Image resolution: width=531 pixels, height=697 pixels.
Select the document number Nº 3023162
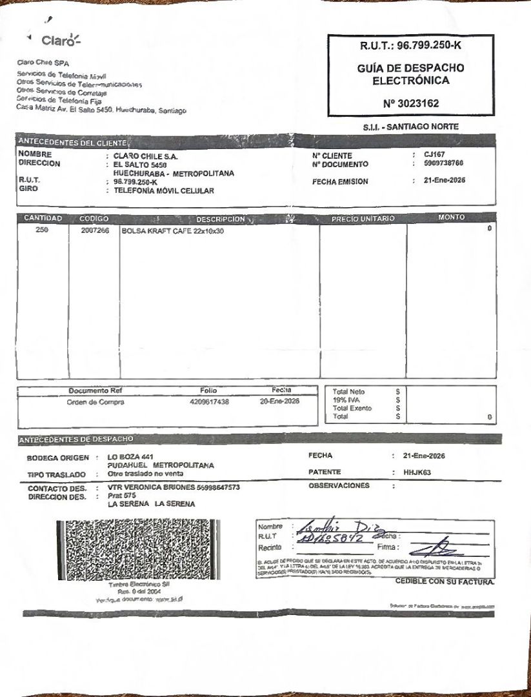410,103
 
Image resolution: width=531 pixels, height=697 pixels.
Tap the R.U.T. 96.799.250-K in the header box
411,45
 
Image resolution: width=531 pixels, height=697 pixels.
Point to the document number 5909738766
444,164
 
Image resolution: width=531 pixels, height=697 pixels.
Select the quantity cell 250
43,230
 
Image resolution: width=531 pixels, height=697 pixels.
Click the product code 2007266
95,230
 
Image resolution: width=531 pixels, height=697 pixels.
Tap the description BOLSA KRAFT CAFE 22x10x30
172,231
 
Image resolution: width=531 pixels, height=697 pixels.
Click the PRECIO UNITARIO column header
363,219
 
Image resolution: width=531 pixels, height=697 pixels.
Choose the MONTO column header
451,217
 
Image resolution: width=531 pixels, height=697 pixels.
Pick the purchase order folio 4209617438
210,402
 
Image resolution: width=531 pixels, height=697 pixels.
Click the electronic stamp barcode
138,549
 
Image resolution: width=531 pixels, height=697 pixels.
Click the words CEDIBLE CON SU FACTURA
445,581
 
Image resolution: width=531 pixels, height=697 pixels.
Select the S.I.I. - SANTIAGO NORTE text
410,127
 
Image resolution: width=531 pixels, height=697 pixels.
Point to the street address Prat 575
119,496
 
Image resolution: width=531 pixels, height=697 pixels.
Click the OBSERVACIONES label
339,485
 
